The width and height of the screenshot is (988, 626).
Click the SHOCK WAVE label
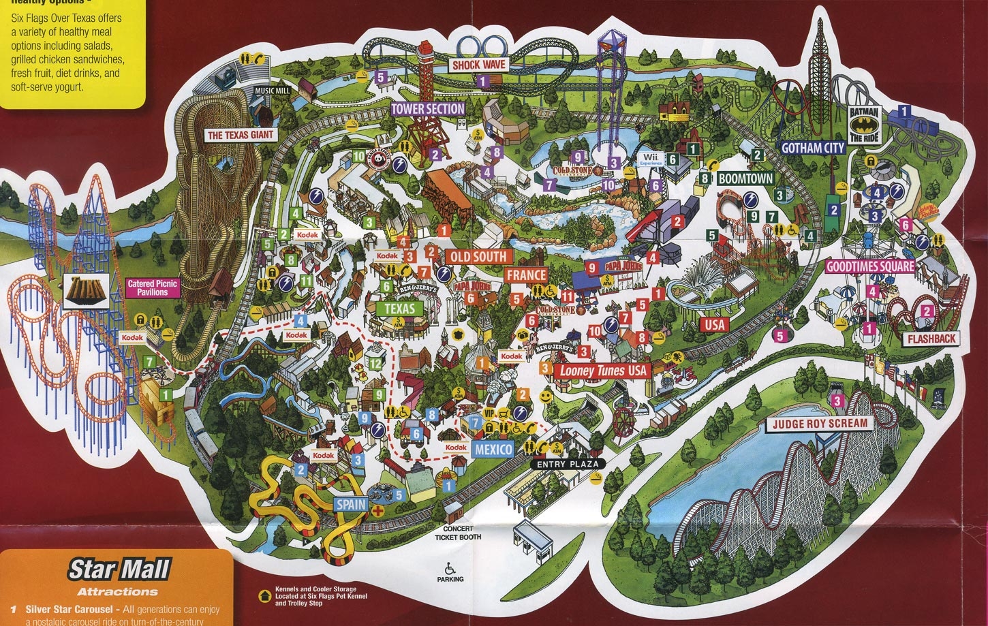(478, 65)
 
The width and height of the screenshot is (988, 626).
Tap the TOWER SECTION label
(428, 108)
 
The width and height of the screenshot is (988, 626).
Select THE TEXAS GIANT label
(240, 135)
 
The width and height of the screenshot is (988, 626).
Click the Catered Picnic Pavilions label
(153, 287)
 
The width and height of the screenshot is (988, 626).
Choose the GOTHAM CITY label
(813, 148)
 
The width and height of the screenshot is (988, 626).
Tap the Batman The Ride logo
(865, 124)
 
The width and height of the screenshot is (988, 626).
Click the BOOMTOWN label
(746, 178)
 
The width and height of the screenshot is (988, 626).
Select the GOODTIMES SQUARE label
(870, 266)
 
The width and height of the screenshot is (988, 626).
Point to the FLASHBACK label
(931, 339)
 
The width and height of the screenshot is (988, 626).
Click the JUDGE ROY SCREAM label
(820, 423)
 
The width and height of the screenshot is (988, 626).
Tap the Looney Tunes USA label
(602, 371)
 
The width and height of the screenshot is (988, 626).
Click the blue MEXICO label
(493, 450)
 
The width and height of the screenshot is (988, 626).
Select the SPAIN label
(351, 505)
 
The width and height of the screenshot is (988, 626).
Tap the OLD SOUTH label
(477, 257)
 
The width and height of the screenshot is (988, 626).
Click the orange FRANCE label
(526, 275)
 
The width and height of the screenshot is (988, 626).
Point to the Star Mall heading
(119, 569)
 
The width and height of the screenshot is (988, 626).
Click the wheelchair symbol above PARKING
(449, 567)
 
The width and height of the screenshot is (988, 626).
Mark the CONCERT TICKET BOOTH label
(458, 533)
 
